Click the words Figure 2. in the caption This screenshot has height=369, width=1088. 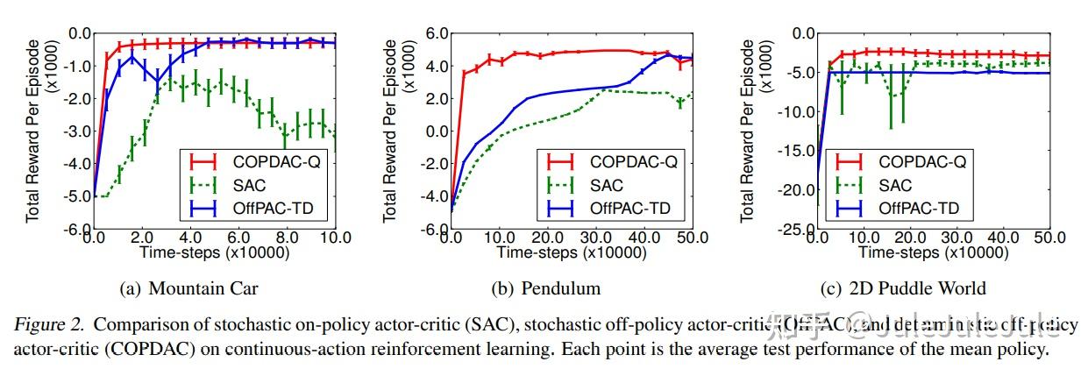tap(50, 324)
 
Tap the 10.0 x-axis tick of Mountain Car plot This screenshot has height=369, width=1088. tap(336, 238)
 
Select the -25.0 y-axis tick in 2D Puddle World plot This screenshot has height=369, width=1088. tap(792, 230)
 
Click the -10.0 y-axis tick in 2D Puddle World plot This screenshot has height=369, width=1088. tap(792, 112)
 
